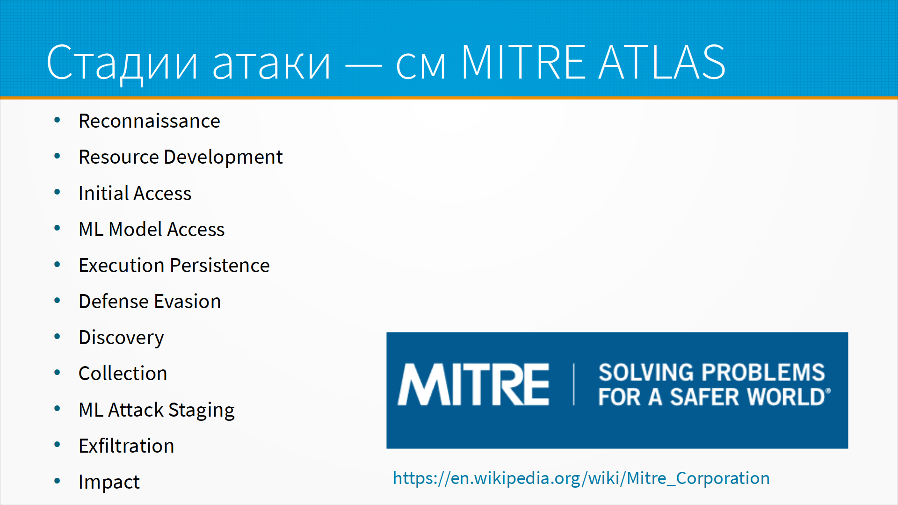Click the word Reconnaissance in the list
pyautogui.click(x=149, y=121)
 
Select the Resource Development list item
pyautogui.click(x=181, y=158)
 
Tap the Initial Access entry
pyautogui.click(x=135, y=193)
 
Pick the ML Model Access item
pyautogui.click(x=152, y=229)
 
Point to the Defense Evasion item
pyautogui.click(x=150, y=302)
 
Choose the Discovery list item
pyautogui.click(x=121, y=338)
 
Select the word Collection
pyautogui.click(x=123, y=374)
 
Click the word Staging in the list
pyautogui.click(x=202, y=411)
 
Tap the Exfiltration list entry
pyautogui.click(x=126, y=446)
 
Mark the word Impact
pyautogui.click(x=109, y=483)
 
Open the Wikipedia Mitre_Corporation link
pyautogui.click(x=581, y=478)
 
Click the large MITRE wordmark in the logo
pyautogui.click(x=473, y=384)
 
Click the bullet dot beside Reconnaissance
pyautogui.click(x=57, y=120)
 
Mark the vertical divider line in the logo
pyautogui.click(x=574, y=384)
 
